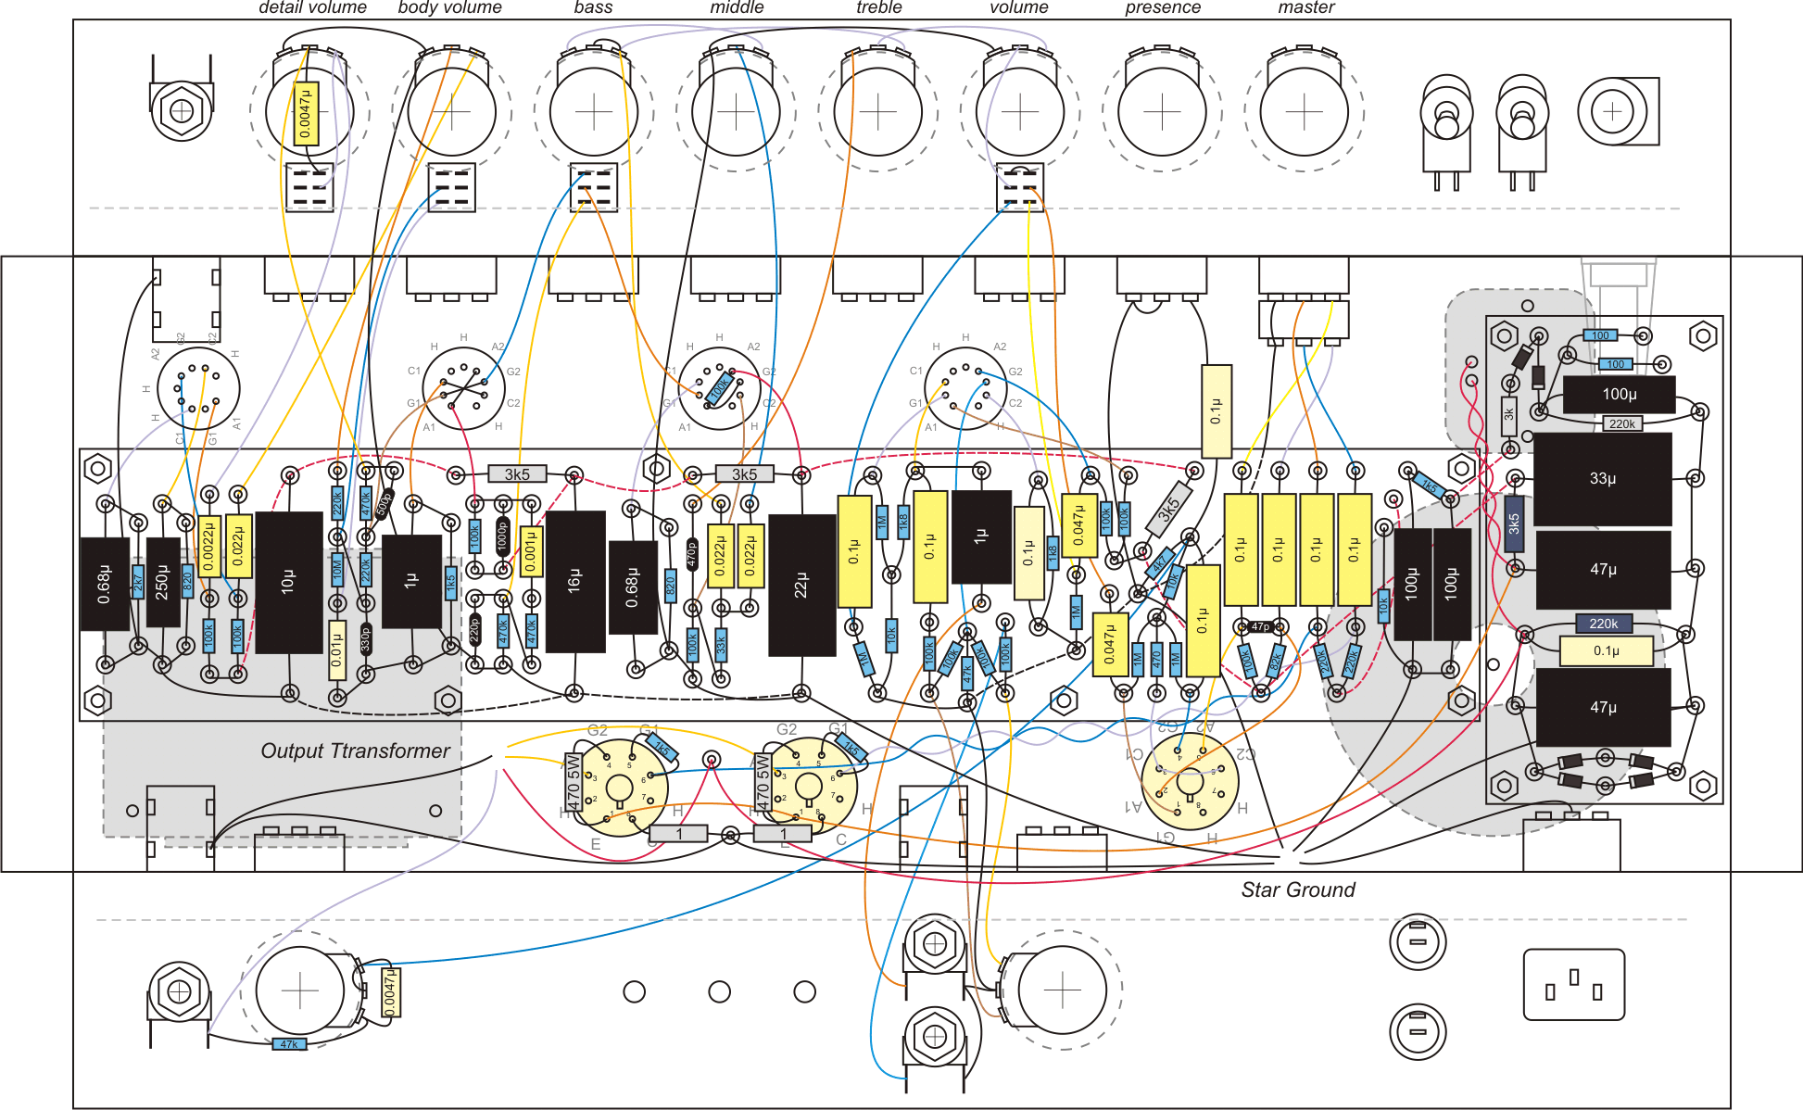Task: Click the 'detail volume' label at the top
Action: (x=312, y=7)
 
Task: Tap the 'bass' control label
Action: (x=593, y=7)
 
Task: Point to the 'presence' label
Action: (x=1162, y=7)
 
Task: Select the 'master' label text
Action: (x=1305, y=7)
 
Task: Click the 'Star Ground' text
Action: (x=1297, y=889)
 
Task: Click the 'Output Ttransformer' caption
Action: (x=355, y=751)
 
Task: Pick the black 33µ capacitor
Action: (x=1602, y=479)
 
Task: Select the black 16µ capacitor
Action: (x=574, y=581)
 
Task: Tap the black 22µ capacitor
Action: (x=801, y=585)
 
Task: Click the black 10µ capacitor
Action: (x=288, y=582)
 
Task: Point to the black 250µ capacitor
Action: (x=163, y=581)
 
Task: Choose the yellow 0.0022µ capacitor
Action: (x=209, y=547)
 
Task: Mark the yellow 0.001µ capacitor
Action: (x=530, y=551)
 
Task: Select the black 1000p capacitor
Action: (x=502, y=538)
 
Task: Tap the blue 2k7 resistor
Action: (x=138, y=582)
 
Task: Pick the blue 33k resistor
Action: (x=721, y=643)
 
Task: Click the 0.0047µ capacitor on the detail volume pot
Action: (x=307, y=114)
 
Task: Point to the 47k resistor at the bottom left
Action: (x=289, y=1044)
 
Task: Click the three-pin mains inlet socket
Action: (x=1573, y=984)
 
